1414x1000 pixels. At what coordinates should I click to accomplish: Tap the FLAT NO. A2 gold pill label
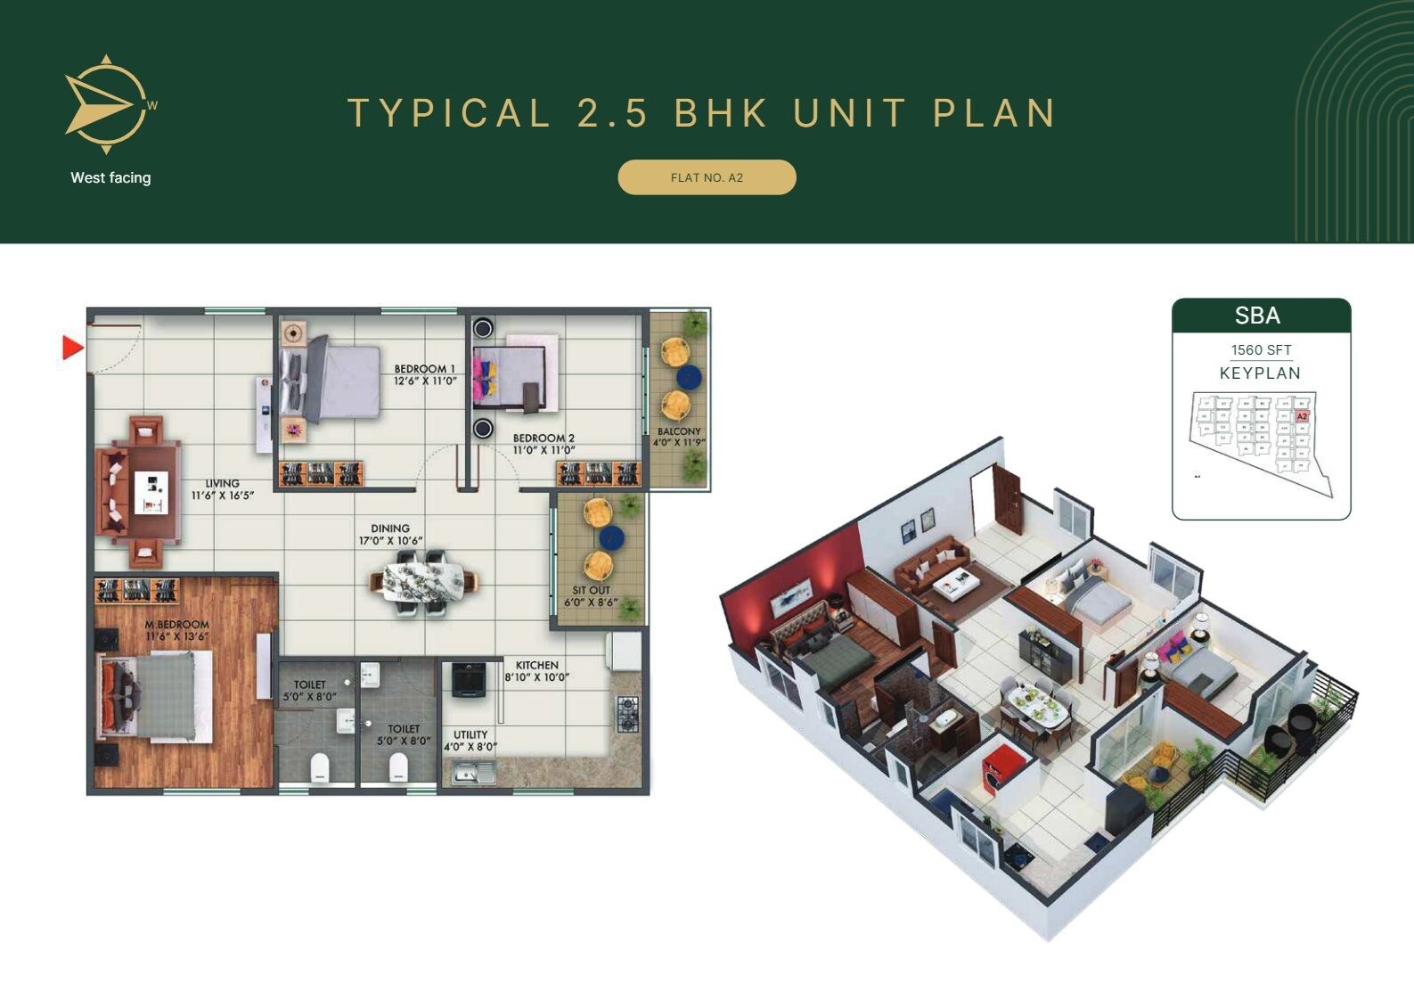pos(707,177)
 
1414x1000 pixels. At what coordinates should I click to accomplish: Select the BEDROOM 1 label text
pos(425,369)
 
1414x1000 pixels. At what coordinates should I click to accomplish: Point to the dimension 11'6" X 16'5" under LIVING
pos(223,496)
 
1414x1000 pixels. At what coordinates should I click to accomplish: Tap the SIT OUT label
pos(592,590)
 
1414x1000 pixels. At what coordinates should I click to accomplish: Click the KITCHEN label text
pos(537,665)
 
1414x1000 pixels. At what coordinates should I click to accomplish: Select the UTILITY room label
pos(470,735)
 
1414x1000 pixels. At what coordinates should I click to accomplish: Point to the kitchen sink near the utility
pos(473,772)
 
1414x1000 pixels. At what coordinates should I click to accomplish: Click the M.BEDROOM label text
pos(177,625)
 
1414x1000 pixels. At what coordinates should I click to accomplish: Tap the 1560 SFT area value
pos(1261,350)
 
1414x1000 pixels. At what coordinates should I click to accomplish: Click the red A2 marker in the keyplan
pos(1302,416)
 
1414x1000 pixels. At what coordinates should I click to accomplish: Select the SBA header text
pos(1257,316)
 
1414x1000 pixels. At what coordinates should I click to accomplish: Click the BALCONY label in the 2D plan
pos(679,431)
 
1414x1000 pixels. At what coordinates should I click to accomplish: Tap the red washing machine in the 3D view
pos(994,766)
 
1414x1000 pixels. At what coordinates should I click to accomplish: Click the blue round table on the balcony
pos(689,378)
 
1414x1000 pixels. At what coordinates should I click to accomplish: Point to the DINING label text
pos(390,529)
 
